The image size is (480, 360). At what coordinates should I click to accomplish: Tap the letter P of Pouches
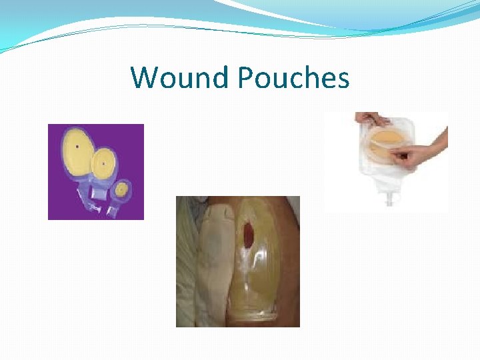pyautogui.click(x=246, y=78)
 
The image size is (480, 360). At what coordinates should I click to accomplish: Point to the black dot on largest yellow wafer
pyautogui.click(x=78, y=146)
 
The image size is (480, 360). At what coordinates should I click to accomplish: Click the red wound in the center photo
pyautogui.click(x=250, y=233)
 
